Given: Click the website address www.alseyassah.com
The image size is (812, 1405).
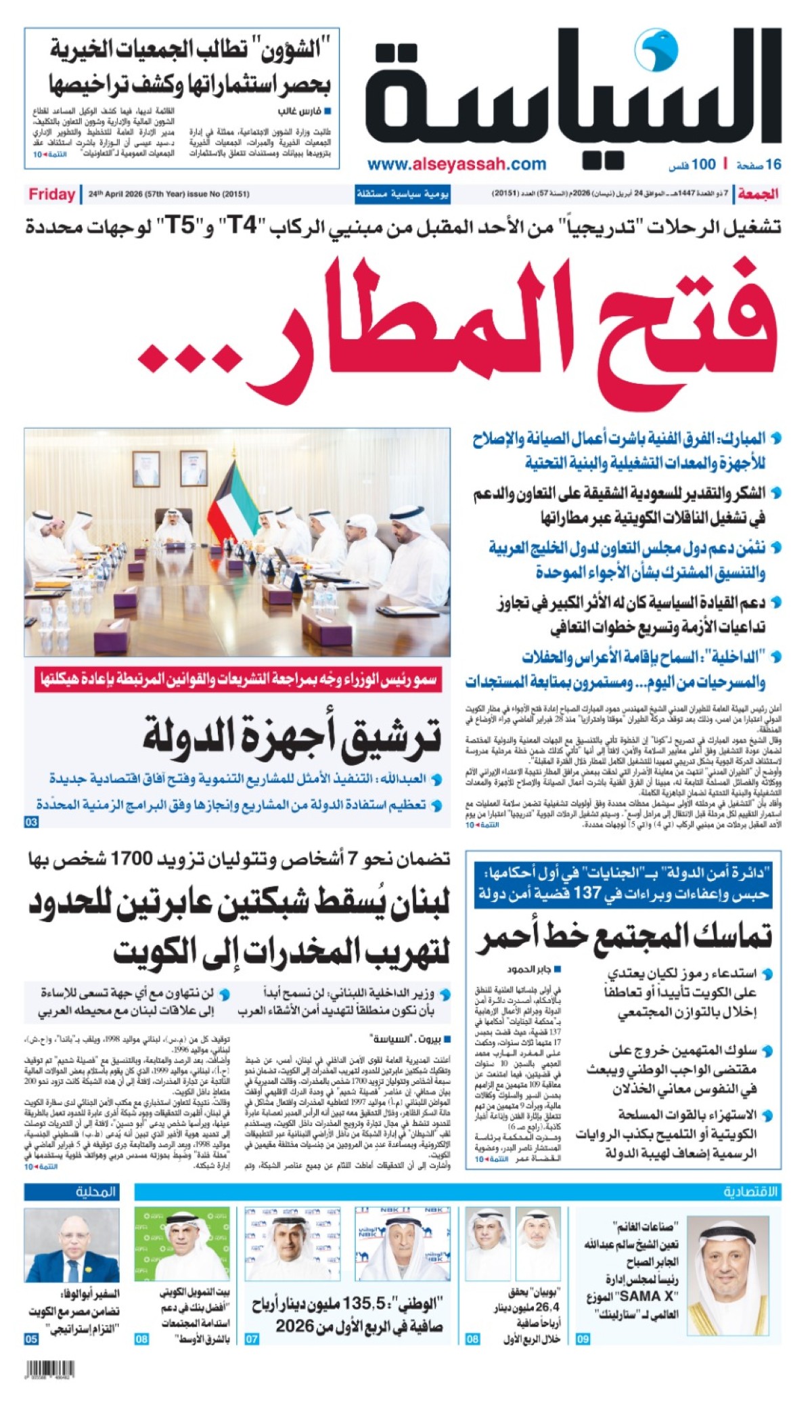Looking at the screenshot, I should click(457, 164).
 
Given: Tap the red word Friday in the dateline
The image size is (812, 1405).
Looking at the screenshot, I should click(51, 194).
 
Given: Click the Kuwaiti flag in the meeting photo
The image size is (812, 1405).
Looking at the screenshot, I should click(227, 494).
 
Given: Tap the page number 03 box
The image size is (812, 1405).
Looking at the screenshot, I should click(31, 822).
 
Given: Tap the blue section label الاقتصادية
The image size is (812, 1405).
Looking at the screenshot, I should click(750, 1191).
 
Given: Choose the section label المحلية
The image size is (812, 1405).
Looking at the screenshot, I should click(95, 1191).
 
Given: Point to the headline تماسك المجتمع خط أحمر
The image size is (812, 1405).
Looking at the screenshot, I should click(623, 938).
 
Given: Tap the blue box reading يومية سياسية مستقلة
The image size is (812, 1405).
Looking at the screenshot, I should click(403, 194).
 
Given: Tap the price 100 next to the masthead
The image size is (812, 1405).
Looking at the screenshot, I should click(703, 164).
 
